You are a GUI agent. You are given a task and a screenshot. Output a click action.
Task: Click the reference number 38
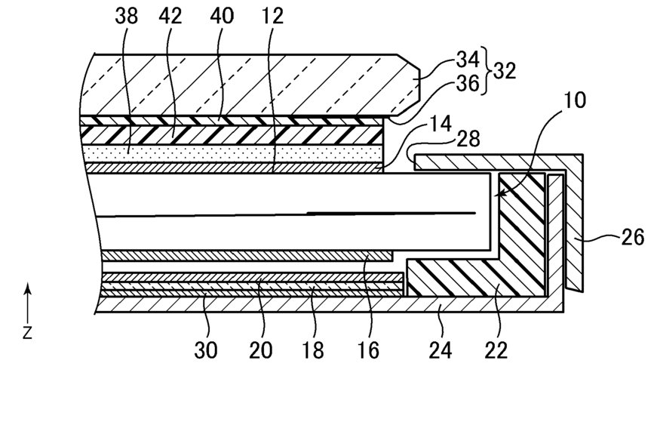click(x=126, y=17)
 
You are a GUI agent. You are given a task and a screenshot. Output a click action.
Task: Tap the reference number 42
click(x=170, y=17)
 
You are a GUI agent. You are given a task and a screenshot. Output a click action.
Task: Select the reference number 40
click(x=222, y=17)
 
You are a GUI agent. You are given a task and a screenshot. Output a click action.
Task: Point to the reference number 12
click(x=272, y=17)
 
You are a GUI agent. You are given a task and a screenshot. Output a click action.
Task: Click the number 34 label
click(x=468, y=60)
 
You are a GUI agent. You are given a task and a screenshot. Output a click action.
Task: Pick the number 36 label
click(x=468, y=84)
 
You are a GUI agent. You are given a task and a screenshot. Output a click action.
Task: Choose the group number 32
click(x=504, y=71)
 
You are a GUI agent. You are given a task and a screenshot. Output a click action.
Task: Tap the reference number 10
click(x=575, y=100)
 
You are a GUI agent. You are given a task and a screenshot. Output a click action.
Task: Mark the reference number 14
click(x=440, y=124)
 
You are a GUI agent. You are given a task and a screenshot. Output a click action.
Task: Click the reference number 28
click(x=468, y=139)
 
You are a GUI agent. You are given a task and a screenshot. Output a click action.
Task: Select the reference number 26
click(x=632, y=237)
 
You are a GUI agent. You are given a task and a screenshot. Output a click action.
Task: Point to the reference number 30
click(x=206, y=350)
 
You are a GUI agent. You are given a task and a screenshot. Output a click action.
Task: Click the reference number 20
click(x=261, y=350)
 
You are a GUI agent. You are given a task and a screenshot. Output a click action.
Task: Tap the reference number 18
click(x=313, y=350)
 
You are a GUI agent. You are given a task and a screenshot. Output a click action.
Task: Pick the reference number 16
click(x=368, y=350)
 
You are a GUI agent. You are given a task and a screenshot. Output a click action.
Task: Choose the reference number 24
click(x=441, y=350)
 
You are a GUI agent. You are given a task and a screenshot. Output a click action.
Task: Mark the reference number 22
click(x=496, y=350)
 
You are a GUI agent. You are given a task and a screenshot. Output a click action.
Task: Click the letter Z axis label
click(x=27, y=333)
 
